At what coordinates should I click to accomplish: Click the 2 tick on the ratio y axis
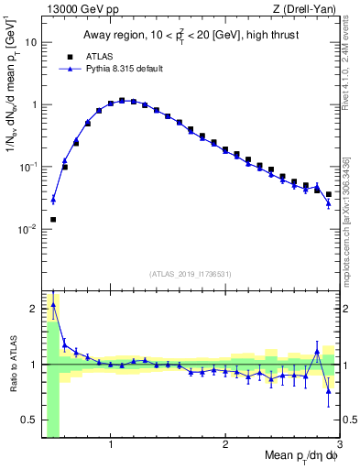[x=34, y=308]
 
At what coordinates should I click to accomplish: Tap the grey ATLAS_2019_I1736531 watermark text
[x=191, y=273]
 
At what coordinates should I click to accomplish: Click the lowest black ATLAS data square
[x=53, y=220]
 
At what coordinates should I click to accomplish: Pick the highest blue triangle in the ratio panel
[x=53, y=305]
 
